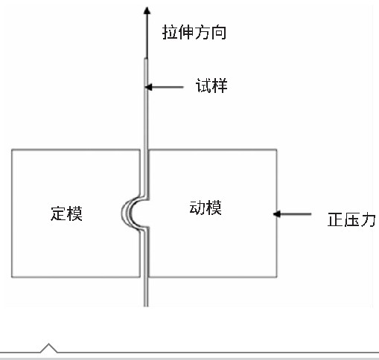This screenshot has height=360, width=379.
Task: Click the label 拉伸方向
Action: (194, 32)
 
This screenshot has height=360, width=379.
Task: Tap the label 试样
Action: (211, 86)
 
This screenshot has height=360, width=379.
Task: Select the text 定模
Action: (66, 213)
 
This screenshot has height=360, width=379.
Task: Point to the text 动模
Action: (206, 208)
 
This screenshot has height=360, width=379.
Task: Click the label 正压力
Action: (351, 219)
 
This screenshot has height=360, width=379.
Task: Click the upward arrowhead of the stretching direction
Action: (147, 10)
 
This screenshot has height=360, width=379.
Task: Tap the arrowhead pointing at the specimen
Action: (148, 87)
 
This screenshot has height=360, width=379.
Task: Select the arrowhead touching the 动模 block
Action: (277, 214)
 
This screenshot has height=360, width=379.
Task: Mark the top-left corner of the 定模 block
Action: (12, 150)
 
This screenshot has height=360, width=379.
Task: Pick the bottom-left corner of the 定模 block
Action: (12, 277)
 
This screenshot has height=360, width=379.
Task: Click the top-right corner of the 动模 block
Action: (277, 150)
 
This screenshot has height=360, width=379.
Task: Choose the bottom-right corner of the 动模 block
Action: (277, 277)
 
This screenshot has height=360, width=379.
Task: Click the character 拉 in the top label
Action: (170, 32)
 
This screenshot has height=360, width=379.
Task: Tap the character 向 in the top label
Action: (218, 32)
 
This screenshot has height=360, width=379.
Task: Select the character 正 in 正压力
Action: (335, 219)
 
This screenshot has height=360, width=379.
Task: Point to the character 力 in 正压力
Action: (368, 219)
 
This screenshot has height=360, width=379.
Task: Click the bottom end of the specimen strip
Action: (146, 306)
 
